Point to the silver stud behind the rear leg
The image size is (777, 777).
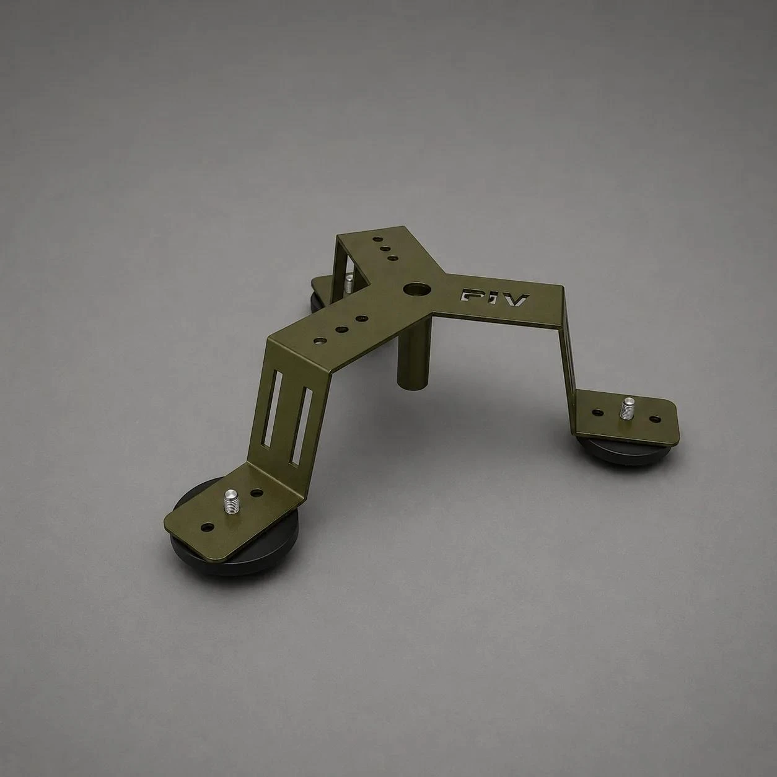(x=349, y=284)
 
